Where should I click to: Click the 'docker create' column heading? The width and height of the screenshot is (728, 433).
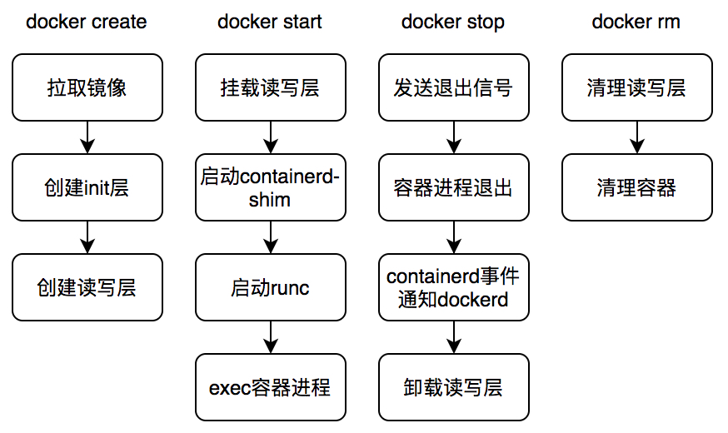87,22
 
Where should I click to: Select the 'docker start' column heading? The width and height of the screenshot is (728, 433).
270,22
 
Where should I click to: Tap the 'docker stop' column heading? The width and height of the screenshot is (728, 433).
453,22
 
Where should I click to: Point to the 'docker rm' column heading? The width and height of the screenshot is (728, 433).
636,22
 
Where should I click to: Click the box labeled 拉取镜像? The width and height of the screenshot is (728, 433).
87,87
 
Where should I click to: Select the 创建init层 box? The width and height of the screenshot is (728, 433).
87,187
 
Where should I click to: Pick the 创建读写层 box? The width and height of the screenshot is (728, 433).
87,287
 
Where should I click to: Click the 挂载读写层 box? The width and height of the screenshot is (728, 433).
271,87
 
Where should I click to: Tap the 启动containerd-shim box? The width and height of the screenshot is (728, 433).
271,187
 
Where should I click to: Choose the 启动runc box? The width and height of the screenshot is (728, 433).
271,287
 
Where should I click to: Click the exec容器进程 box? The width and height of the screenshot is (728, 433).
271,387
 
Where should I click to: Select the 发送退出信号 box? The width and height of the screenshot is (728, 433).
454,87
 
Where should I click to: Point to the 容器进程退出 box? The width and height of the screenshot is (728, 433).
454,187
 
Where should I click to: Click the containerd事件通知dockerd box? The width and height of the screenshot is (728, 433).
454,287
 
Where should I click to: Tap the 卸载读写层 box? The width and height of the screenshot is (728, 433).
454,387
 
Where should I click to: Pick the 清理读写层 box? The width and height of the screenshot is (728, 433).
637,87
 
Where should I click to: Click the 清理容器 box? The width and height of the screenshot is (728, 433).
637,187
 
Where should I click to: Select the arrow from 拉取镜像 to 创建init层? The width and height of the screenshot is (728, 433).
87,137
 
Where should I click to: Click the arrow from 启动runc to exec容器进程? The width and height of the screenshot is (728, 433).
271,337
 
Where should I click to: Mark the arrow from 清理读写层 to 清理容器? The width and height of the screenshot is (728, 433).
637,137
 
